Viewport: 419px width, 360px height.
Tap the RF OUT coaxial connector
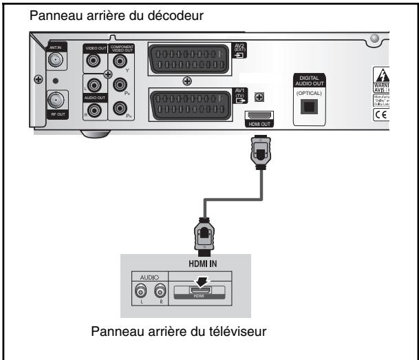click(55, 101)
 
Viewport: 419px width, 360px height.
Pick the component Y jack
click(121, 61)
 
